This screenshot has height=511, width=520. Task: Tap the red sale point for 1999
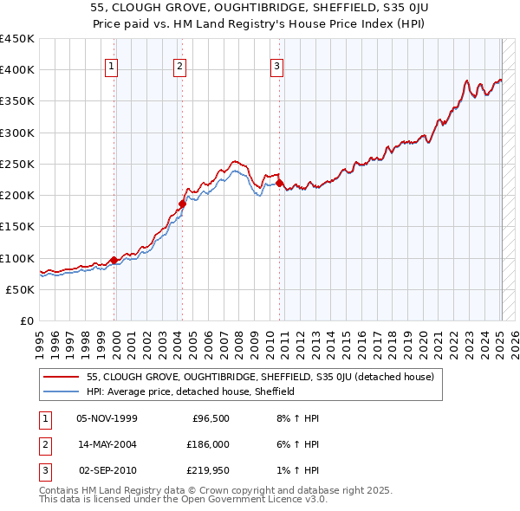(114, 260)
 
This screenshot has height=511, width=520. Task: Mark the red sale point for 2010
(280, 183)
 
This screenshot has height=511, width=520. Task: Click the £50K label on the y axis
(21, 290)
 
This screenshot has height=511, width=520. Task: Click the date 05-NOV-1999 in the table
(107, 417)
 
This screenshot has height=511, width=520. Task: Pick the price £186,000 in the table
(208, 443)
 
